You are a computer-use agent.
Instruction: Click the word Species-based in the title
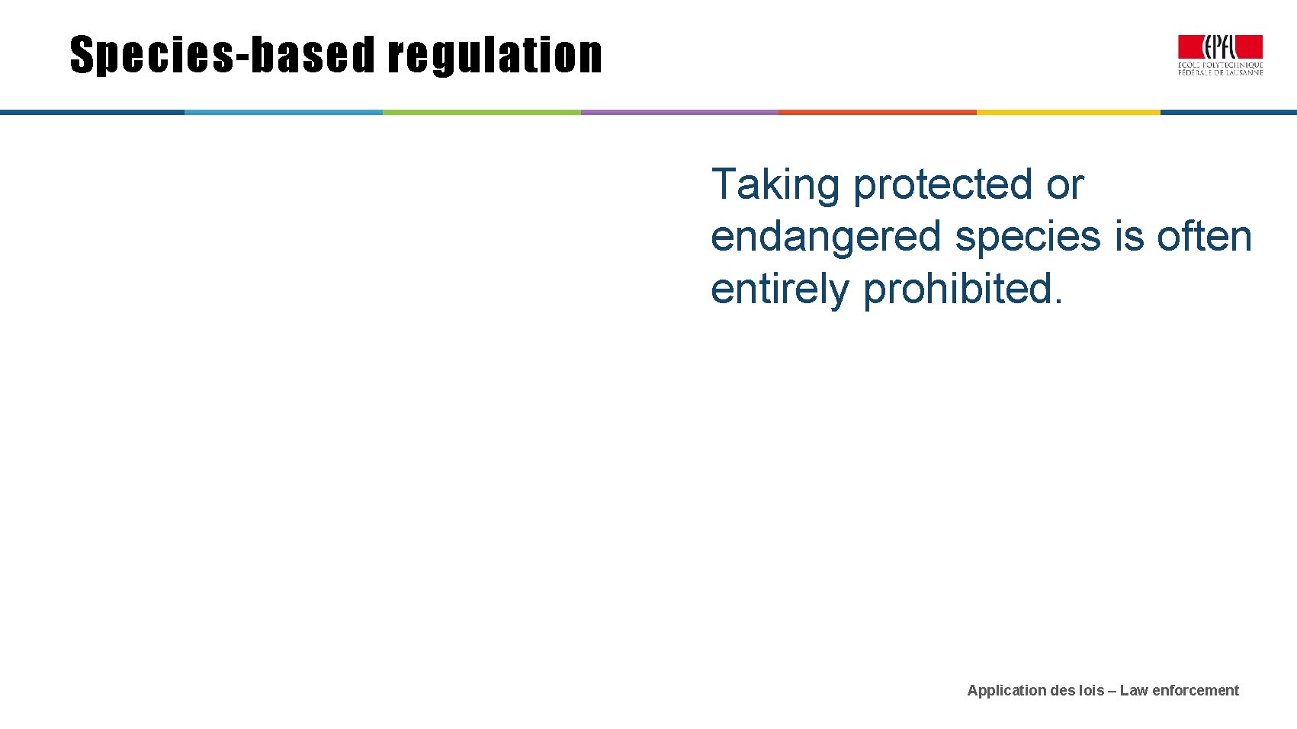223,56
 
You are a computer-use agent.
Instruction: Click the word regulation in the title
495,56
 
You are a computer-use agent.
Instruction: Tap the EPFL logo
1220,55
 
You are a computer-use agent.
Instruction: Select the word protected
942,185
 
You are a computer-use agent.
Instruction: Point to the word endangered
826,236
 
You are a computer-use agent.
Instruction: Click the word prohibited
962,289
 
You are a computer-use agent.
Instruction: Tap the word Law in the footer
1133,691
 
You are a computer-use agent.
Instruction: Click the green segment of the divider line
481,112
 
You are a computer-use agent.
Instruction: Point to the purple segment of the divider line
679,112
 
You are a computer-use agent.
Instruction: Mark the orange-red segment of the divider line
877,112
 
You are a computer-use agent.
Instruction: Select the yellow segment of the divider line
1068,112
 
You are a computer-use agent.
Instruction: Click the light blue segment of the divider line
283,112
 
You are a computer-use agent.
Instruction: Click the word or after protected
1064,185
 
